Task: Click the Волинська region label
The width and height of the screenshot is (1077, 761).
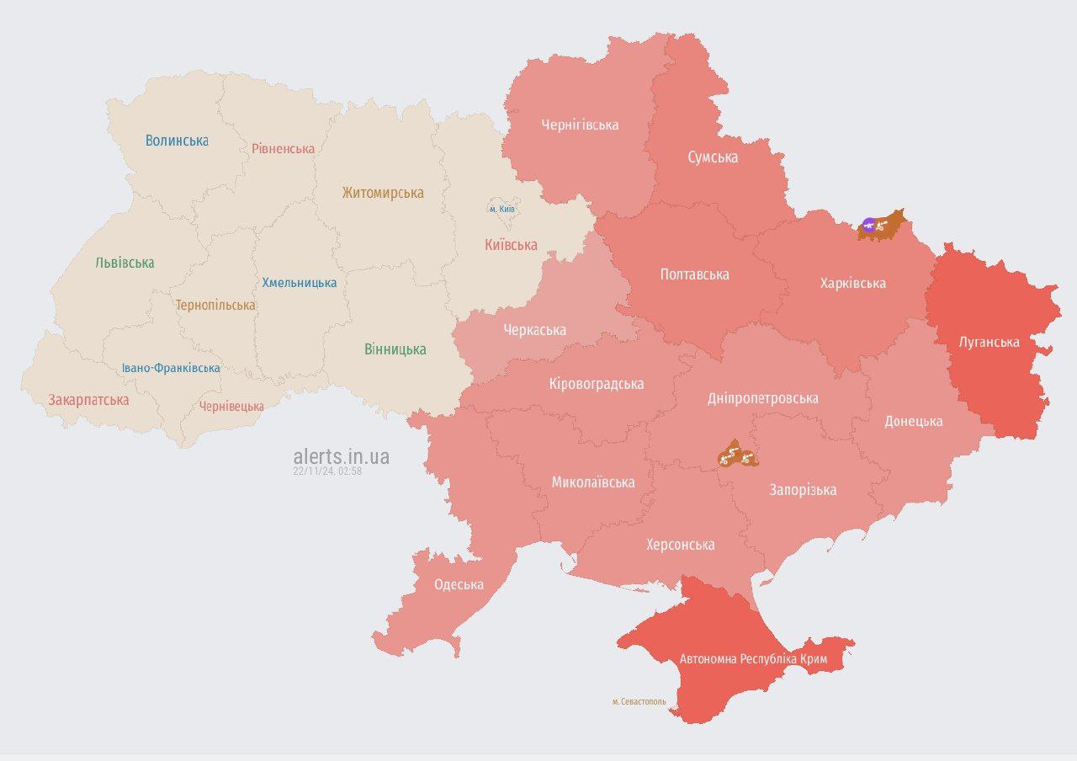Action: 177,141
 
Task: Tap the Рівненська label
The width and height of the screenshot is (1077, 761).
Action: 284,149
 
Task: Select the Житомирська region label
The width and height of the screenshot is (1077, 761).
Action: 383,193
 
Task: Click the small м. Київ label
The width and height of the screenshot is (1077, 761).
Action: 502,209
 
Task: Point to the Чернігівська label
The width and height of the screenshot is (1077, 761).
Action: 580,125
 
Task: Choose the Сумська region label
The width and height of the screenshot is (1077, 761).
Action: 713,157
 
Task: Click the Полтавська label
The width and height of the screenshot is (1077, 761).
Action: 694,274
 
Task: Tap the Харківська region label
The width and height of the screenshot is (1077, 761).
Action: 852,283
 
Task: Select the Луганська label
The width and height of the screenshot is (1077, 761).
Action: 989,342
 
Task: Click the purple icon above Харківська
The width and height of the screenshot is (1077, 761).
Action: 868,225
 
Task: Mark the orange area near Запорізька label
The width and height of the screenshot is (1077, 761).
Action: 738,455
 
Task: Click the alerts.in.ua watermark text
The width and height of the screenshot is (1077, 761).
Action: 341,456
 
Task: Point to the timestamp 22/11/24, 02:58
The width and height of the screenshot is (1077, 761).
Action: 327,471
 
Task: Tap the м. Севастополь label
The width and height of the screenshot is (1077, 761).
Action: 639,701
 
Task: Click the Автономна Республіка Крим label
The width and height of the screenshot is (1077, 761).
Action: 753,659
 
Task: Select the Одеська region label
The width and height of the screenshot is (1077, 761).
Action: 459,584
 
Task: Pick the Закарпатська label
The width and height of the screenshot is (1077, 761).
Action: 88,400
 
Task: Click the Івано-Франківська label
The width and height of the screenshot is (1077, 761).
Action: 171,368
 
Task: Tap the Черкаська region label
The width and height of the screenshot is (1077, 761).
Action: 534,330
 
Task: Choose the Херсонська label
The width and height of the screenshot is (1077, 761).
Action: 680,545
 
